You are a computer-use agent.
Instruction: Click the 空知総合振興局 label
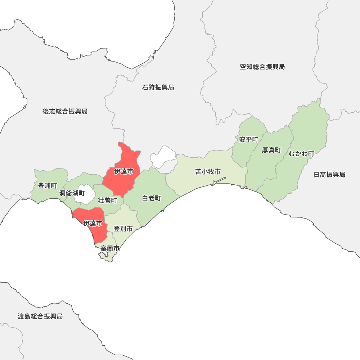tap(262, 67)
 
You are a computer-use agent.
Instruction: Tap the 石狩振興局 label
tap(158, 87)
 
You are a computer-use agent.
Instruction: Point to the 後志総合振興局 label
tap(65, 112)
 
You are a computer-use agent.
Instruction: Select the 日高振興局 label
tap(329, 175)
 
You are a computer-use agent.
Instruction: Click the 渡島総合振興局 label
tap(40, 316)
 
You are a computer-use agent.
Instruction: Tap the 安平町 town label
tap(249, 139)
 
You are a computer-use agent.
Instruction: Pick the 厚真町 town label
tap(271, 150)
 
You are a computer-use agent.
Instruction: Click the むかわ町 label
tap(301, 154)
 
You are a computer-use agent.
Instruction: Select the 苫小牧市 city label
tap(208, 172)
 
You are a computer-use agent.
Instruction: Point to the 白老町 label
tap(151, 198)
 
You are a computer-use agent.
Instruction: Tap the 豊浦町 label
tap(48, 186)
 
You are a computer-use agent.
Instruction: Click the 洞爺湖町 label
tap(72, 194)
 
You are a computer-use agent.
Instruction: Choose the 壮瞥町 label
tap(108, 201)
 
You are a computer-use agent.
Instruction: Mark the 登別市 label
tap(123, 229)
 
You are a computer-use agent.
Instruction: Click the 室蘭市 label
tap(110, 248)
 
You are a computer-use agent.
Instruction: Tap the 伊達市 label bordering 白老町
tap(123, 172)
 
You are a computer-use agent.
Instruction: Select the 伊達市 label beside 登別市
tap(93, 224)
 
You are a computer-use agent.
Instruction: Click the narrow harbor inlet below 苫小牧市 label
tap(219, 181)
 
